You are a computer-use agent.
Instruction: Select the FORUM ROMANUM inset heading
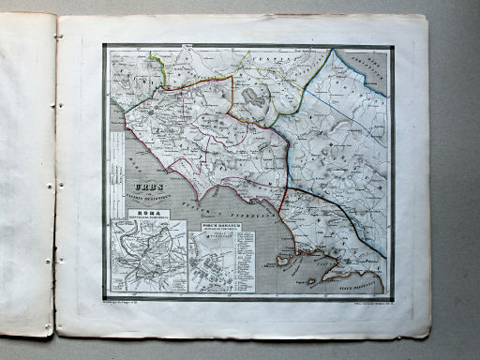coord(220,226)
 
